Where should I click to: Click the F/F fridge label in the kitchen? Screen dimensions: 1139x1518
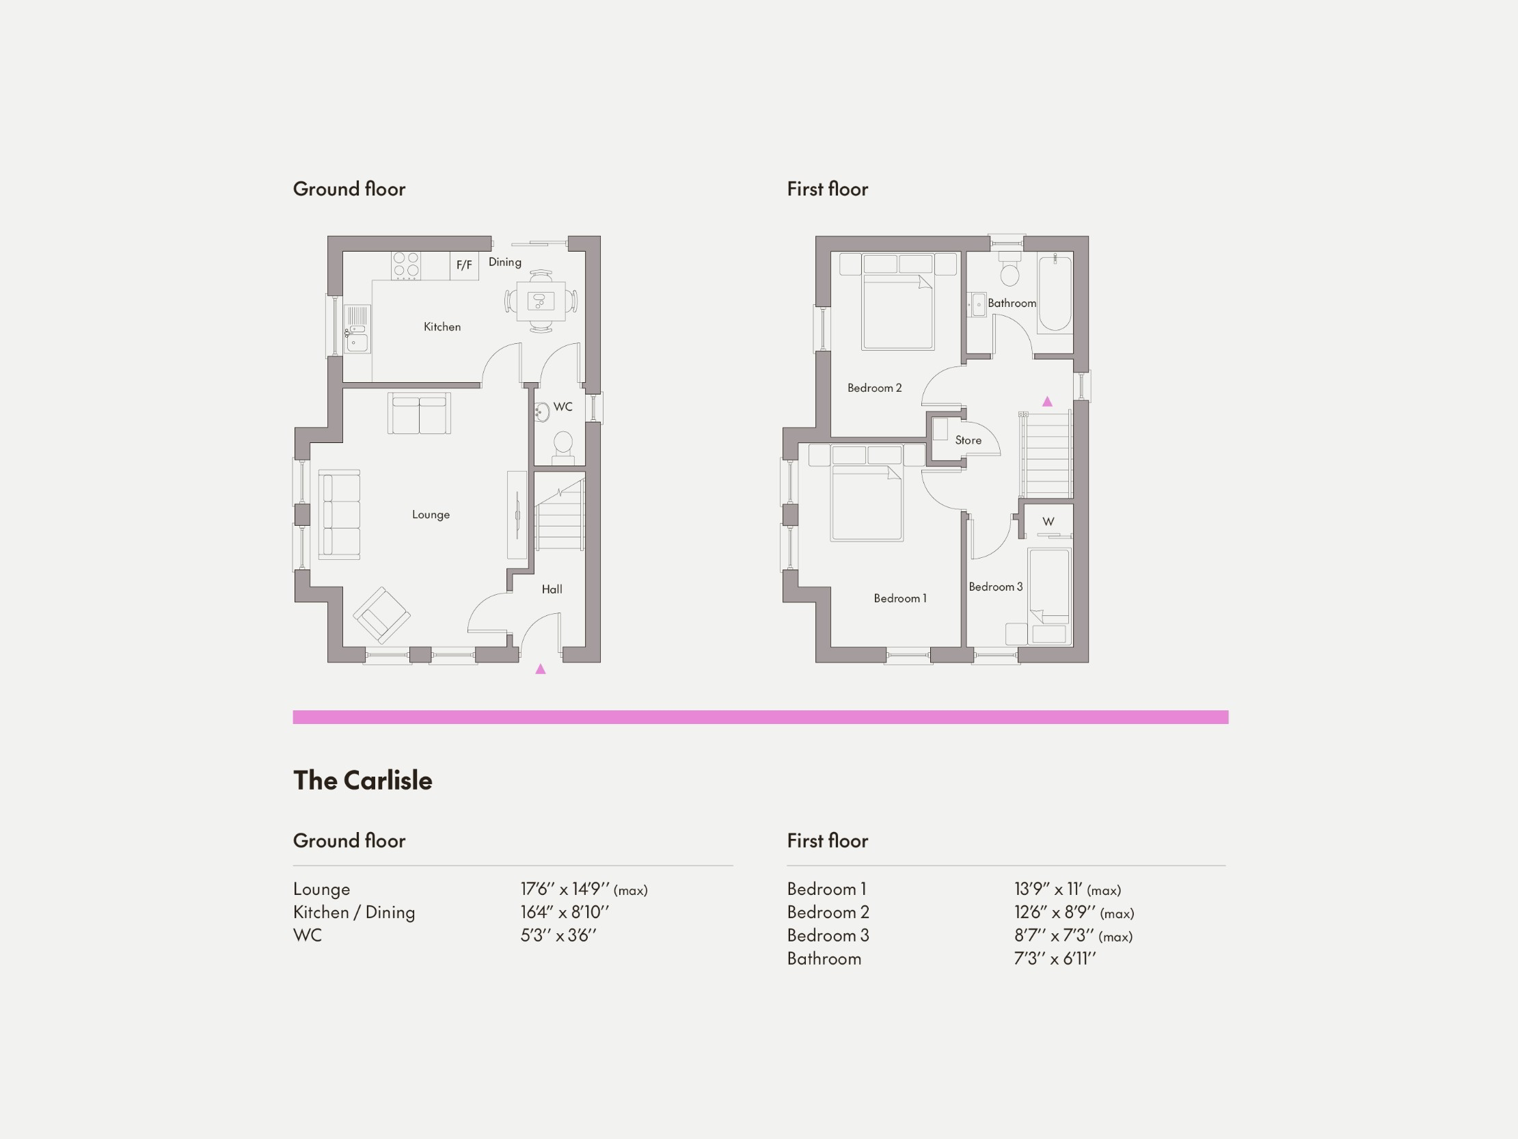(x=465, y=265)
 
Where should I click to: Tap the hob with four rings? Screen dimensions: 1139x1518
(x=405, y=266)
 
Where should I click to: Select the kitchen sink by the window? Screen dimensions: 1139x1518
(x=357, y=329)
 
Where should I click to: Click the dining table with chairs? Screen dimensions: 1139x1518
(x=541, y=301)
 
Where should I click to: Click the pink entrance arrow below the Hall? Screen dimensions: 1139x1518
(x=541, y=669)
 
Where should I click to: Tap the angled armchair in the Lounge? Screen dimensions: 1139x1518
(x=381, y=615)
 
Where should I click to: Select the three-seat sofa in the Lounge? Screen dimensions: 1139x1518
(x=339, y=513)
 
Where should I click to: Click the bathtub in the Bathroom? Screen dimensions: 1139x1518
(x=1054, y=293)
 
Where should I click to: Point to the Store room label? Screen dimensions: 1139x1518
(x=968, y=441)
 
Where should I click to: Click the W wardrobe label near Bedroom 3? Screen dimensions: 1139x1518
(x=1048, y=522)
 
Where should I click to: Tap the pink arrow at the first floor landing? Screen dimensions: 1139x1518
(x=1047, y=401)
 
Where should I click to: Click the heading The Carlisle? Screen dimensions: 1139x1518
(x=362, y=781)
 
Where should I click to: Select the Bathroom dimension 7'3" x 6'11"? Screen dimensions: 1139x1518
(x=1055, y=959)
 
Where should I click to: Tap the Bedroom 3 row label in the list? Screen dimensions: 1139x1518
(x=828, y=935)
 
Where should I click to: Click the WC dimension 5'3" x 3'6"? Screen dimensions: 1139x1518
(x=558, y=935)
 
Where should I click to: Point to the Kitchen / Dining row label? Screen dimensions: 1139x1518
(x=354, y=913)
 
